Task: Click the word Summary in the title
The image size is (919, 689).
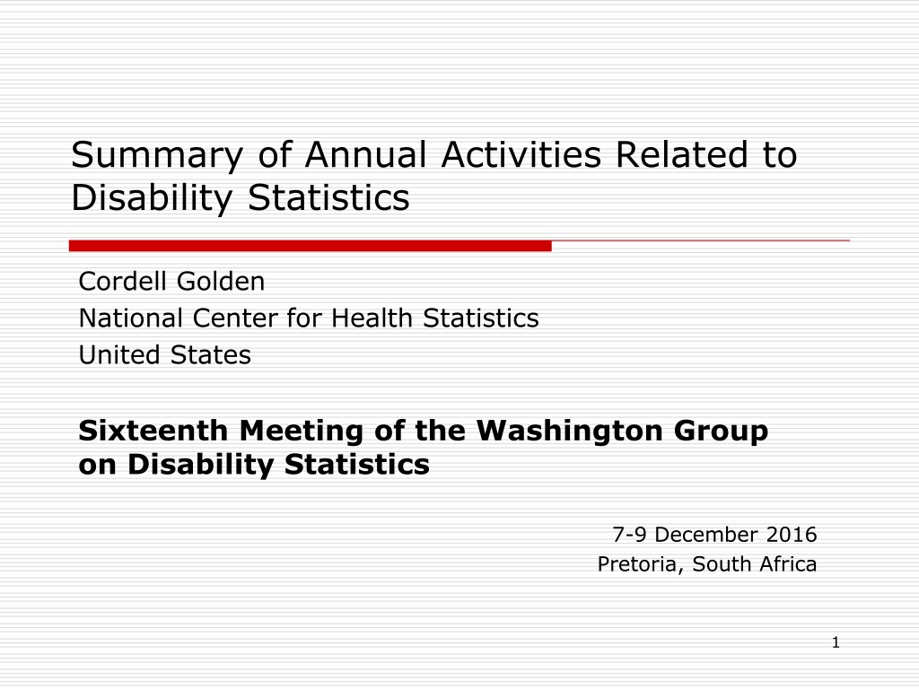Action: tap(156, 156)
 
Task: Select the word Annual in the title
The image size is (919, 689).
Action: tap(366, 154)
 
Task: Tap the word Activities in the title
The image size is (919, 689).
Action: tap(521, 154)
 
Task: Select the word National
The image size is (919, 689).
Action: tap(131, 318)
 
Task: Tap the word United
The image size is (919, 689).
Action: tap(119, 355)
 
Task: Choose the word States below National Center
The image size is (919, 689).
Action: tap(210, 355)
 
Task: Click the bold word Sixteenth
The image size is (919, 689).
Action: tap(153, 431)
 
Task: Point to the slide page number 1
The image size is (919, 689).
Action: tap(836, 642)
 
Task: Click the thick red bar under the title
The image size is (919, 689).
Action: tap(310, 246)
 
